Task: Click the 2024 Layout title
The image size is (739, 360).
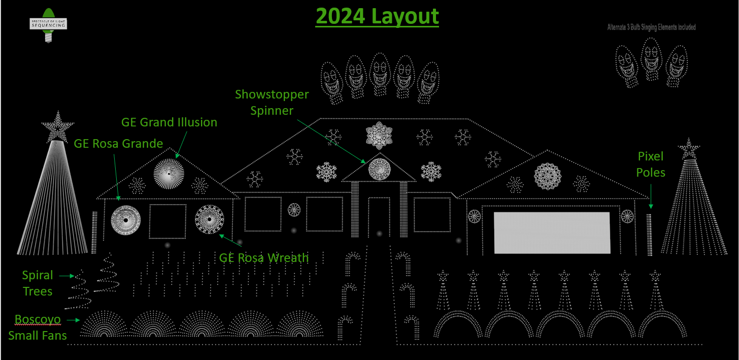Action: point(377,16)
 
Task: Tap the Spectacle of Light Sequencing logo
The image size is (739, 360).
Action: point(48,24)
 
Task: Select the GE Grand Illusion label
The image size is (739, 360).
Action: point(169,122)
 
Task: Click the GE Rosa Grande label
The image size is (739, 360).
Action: point(118,144)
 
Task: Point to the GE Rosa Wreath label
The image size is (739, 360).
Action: point(263,257)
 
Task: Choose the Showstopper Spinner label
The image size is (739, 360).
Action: point(272,102)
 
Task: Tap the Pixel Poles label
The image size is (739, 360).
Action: point(651,165)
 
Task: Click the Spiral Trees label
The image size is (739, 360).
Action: point(38,283)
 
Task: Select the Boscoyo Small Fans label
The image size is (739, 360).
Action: point(38,327)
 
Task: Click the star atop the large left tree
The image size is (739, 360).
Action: point(57,125)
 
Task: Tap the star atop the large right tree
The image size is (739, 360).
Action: point(689,149)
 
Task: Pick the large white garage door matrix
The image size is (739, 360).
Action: point(552,233)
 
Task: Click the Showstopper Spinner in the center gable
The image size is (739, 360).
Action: point(379,169)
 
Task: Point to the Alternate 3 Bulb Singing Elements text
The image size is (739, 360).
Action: point(651,27)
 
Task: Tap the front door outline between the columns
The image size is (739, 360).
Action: point(378,223)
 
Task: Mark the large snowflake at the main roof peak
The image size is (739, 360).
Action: point(378,136)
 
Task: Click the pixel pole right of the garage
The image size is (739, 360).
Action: point(649,235)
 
